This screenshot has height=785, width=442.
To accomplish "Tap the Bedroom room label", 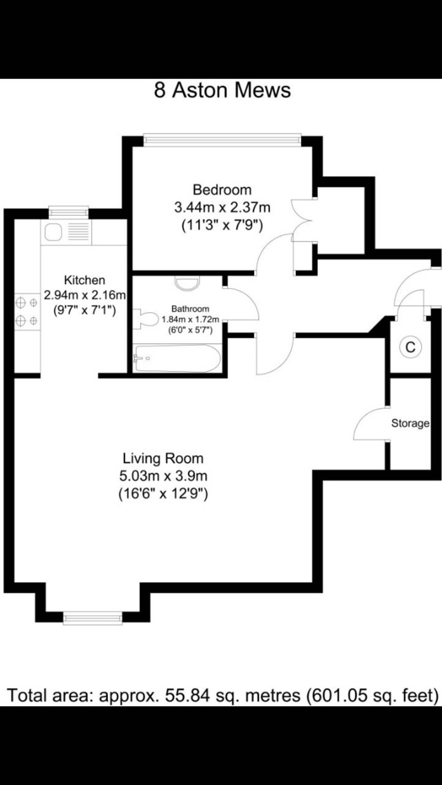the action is (x=222, y=190).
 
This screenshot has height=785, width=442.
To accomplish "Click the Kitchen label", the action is (x=85, y=280).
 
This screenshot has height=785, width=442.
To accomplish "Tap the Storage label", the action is (x=410, y=423).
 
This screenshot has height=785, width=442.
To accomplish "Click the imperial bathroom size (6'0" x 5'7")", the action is (x=190, y=330).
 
